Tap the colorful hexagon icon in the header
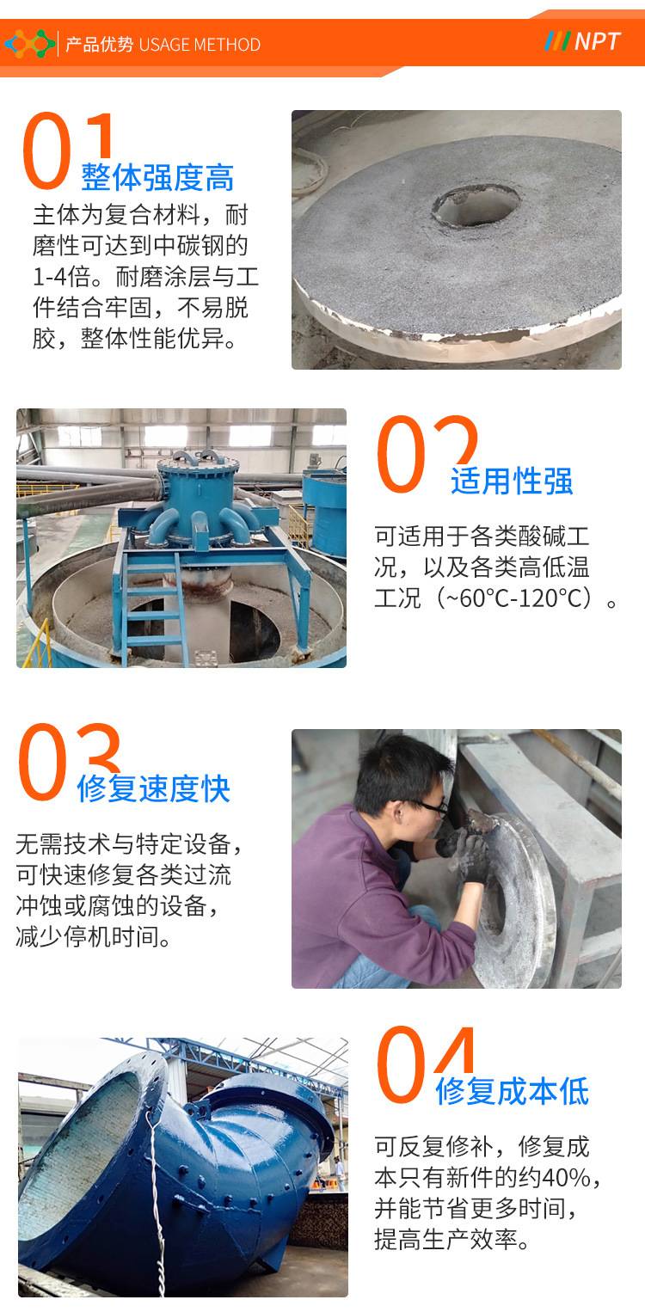tap(29, 43)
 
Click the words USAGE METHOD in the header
tap(200, 45)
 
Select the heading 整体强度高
tap(157, 177)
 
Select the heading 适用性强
tap(512, 481)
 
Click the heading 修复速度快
tap(153, 788)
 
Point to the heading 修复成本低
tap(512, 1091)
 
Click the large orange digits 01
tap(67, 150)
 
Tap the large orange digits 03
tap(69, 762)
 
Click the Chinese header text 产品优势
tap(99, 45)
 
